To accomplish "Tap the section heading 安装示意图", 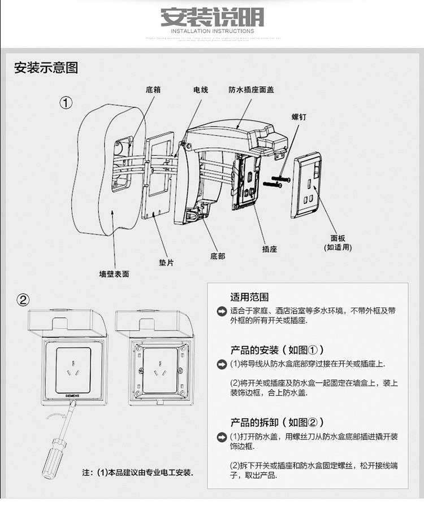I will [x=46, y=68].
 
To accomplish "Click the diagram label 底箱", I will [x=153, y=90].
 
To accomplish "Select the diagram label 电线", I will [x=201, y=90].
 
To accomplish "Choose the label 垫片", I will [x=166, y=263].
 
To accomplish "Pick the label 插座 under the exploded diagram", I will [x=270, y=248].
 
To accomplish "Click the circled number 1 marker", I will [x=67, y=103].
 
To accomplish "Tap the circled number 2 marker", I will [x=23, y=299].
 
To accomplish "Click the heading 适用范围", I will [x=249, y=297].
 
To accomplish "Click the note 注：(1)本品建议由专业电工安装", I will [x=137, y=472].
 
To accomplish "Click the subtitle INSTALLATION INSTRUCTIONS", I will [x=212, y=32].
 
